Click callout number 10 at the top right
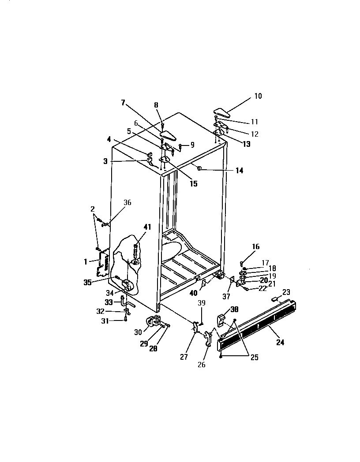(258, 96)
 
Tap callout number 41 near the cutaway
(147, 227)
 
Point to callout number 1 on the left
(86, 261)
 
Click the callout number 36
(127, 203)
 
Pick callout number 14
(239, 170)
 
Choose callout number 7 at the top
(124, 103)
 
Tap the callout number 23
(286, 291)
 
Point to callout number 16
(256, 246)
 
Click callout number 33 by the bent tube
(109, 302)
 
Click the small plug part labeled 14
(199, 168)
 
